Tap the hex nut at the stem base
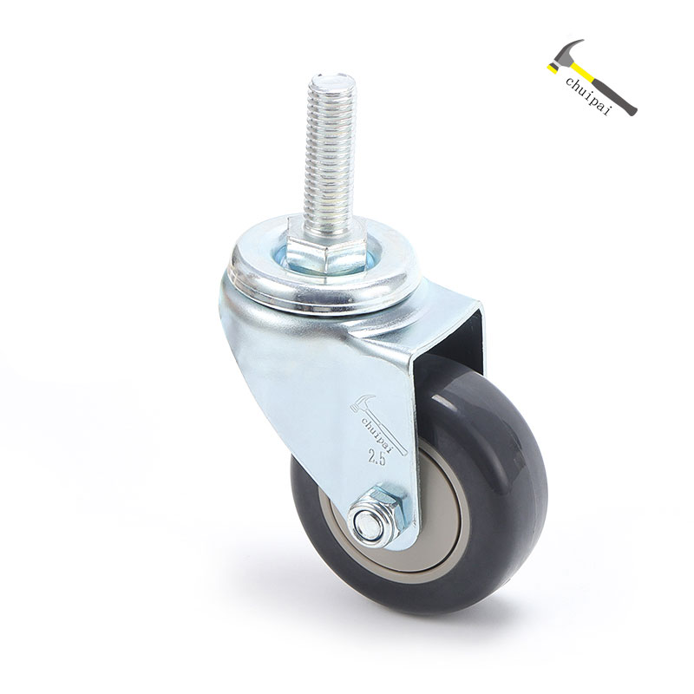pyautogui.click(x=328, y=252)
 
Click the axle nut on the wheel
pyautogui.click(x=378, y=514)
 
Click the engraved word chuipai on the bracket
pyautogui.click(x=377, y=432)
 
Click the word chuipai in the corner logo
pyautogui.click(x=589, y=95)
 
